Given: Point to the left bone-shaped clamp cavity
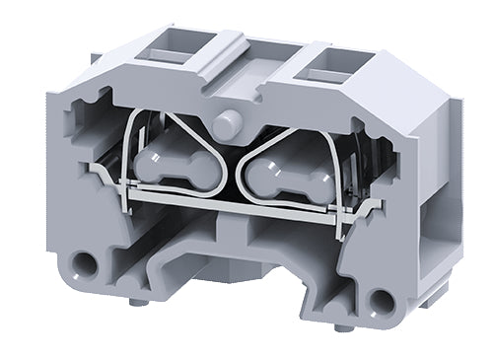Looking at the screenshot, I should pos(181,164).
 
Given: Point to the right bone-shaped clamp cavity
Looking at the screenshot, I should pos(282,178).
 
